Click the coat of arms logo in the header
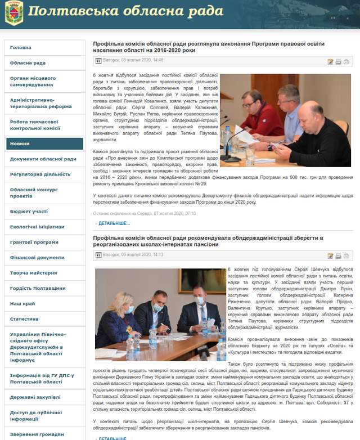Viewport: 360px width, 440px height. (13, 14)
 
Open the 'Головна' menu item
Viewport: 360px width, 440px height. (21, 48)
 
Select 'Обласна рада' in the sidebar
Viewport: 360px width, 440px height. (28, 63)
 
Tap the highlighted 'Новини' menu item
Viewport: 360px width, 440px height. (20, 143)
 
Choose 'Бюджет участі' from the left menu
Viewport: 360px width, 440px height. (29, 211)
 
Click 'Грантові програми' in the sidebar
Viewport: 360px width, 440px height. (34, 242)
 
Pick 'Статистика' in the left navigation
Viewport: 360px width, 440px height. (24, 318)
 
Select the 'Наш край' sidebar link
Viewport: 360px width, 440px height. (22, 303)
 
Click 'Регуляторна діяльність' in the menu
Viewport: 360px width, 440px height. (40, 174)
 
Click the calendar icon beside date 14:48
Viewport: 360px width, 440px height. (98, 60)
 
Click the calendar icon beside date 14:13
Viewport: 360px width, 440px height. (98, 255)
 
